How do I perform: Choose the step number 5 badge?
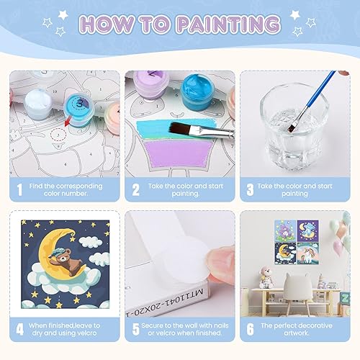click(x=135, y=330)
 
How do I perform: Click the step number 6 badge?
click(x=249, y=330)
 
